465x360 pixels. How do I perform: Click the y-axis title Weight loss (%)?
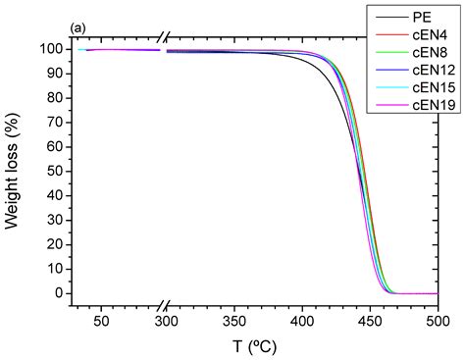pos(14,173)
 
